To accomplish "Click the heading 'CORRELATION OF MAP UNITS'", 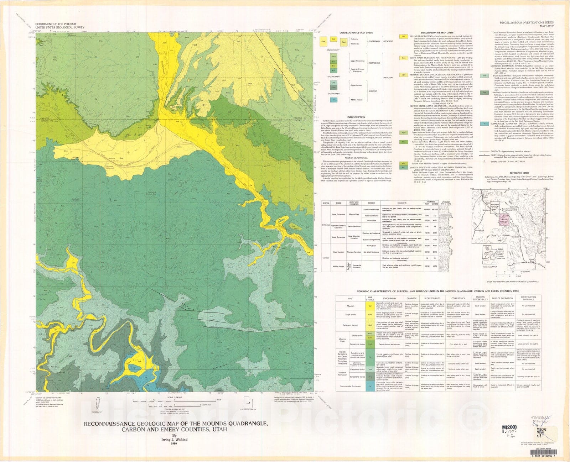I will pos(356,33).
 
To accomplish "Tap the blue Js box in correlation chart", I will pos(333,100).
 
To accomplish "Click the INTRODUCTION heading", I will pos(356,117).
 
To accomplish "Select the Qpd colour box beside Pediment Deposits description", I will pos(404,75).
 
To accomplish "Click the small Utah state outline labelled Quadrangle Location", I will pos(247,402).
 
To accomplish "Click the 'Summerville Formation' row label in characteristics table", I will pos(351,386).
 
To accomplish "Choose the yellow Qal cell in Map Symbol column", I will pos(370,306).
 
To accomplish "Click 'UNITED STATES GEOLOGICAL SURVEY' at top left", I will pos(57,27).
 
